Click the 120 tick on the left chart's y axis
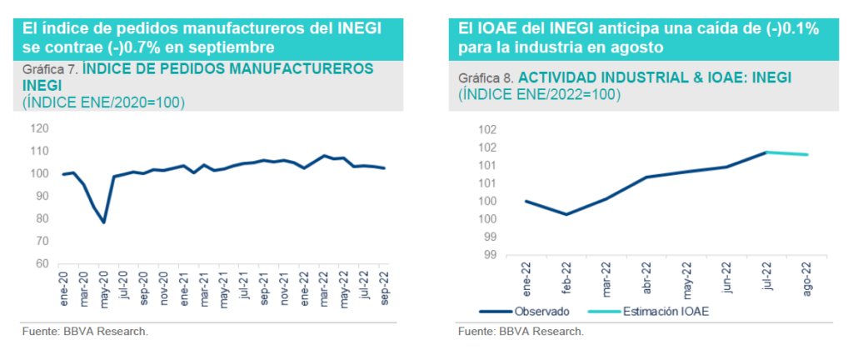(x=37, y=129)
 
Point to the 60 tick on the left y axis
(x=40, y=264)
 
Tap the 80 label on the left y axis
(x=40, y=219)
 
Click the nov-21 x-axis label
(x=285, y=286)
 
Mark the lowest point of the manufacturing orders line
(x=104, y=222)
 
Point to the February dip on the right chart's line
(x=567, y=214)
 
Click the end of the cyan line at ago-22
(x=806, y=154)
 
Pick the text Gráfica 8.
(x=486, y=77)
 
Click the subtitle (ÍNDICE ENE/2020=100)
(x=103, y=102)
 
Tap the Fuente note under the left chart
(x=85, y=332)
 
